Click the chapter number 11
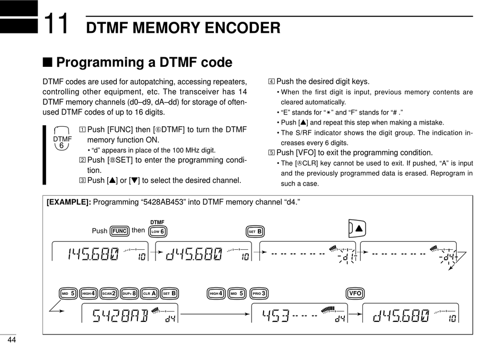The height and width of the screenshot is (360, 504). (56, 23)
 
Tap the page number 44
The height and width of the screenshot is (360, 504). (12, 340)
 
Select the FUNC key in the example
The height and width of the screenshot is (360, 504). (119, 231)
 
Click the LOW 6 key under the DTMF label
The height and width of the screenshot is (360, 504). (158, 231)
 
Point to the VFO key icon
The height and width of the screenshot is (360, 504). (355, 293)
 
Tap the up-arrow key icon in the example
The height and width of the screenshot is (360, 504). (357, 229)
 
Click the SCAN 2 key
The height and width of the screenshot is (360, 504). (109, 294)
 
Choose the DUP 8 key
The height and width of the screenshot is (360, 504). (129, 294)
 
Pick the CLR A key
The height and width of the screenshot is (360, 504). (150, 294)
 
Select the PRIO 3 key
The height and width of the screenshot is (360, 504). (259, 294)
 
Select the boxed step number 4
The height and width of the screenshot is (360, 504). (271, 82)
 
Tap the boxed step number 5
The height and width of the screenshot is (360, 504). (271, 153)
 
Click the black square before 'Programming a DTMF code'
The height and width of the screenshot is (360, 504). (47, 63)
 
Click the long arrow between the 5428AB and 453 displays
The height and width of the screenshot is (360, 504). (215, 314)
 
